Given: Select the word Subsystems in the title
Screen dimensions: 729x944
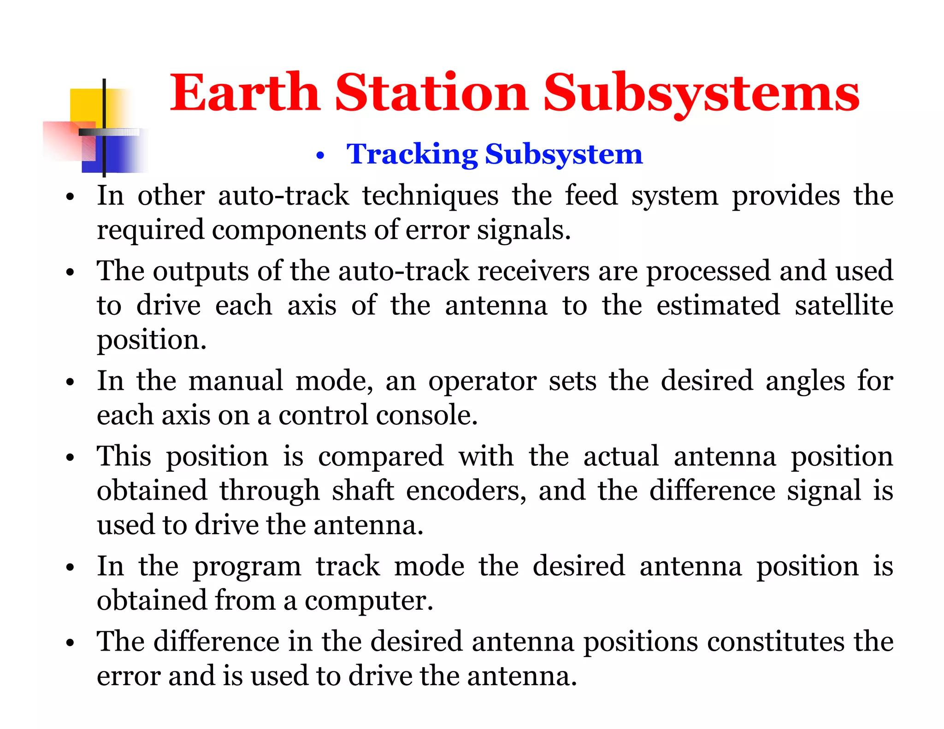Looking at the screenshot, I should pyautogui.click(x=701, y=94).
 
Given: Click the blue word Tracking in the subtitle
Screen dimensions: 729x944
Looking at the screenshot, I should pyautogui.click(x=412, y=154).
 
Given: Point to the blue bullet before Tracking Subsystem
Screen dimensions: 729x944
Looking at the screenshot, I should pyautogui.click(x=321, y=156).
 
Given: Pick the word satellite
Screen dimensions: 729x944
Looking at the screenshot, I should pyautogui.click(x=844, y=305).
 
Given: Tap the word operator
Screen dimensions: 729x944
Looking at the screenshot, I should pyautogui.click(x=482, y=382).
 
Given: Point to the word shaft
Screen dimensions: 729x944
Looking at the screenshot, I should pyautogui.click(x=363, y=490).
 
